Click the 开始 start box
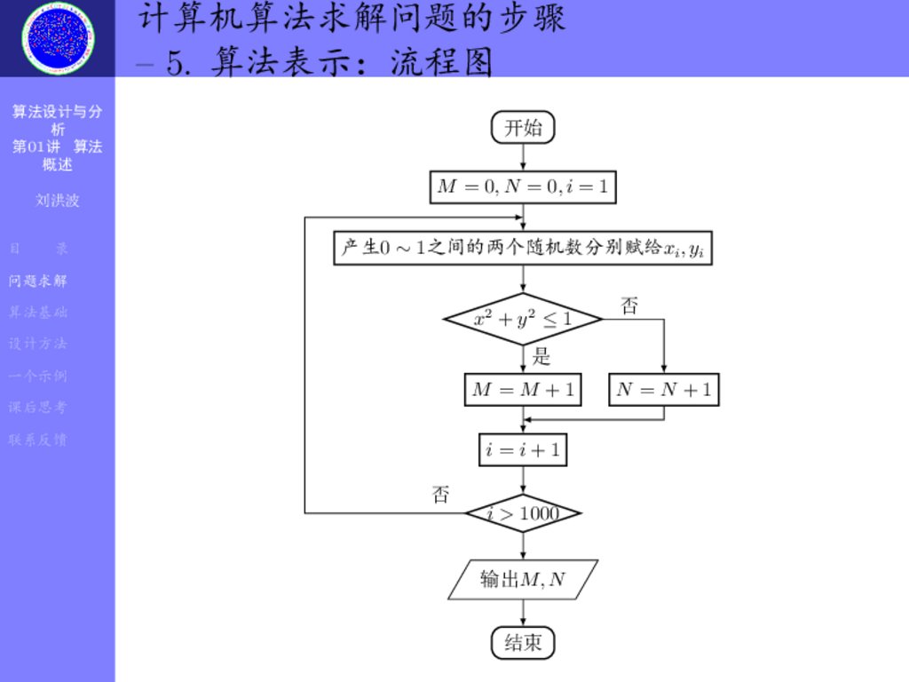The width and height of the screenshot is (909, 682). [523, 128]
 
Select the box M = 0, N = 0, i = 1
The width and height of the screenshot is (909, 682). [523, 187]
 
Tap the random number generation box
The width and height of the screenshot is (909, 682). [523, 249]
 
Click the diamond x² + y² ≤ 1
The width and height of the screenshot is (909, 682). [523, 319]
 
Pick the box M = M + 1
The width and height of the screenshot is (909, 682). [523, 390]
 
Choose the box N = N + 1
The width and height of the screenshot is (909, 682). [664, 390]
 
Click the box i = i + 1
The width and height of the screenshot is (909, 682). [523, 449]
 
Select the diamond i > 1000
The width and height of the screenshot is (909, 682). [523, 513]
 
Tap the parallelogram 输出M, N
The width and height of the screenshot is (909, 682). [523, 580]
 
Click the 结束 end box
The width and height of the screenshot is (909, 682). [523, 643]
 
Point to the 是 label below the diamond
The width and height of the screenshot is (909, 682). [541, 358]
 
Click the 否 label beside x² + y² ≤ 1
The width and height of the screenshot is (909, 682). [628, 307]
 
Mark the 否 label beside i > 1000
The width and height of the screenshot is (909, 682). [440, 495]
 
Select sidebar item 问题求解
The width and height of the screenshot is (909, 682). [38, 282]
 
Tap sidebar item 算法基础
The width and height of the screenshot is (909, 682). [38, 313]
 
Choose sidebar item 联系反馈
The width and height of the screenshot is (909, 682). [38, 440]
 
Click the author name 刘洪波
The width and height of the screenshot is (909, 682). [58, 201]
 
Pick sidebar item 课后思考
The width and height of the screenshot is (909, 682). [38, 408]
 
